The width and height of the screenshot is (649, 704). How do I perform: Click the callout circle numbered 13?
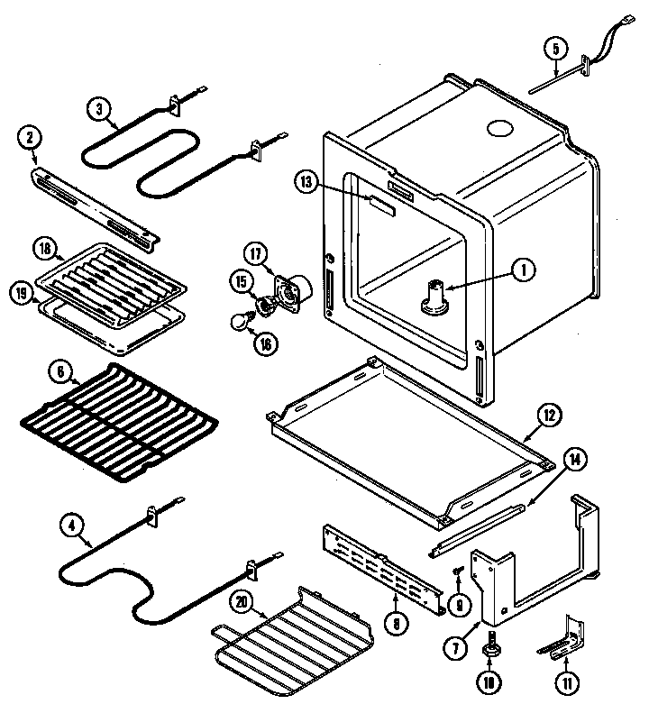[306, 181]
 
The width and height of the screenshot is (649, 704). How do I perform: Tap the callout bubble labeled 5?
[555, 47]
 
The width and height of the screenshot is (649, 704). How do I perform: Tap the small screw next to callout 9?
[458, 570]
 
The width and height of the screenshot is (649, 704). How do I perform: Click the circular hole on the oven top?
[498, 129]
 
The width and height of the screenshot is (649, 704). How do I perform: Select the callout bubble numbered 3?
[100, 110]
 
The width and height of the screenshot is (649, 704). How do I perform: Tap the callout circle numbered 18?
[44, 249]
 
